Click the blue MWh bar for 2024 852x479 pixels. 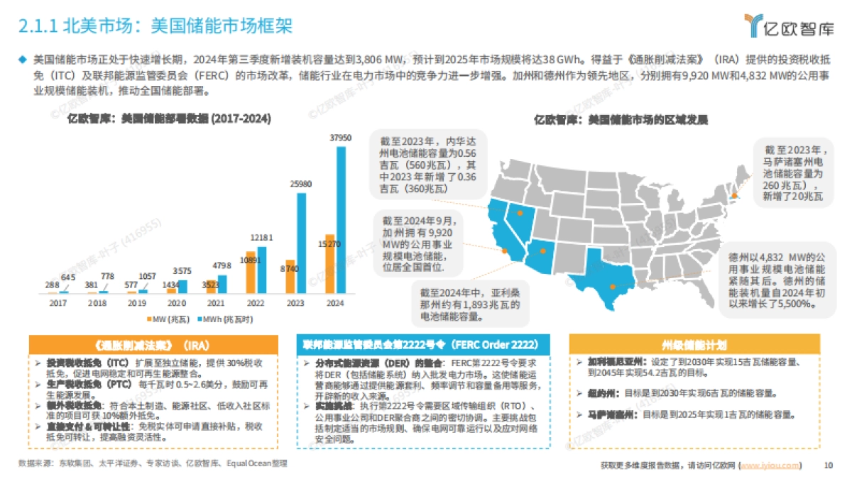point(342,220)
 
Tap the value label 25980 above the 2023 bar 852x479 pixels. point(300,184)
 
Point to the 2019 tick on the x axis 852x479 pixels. point(137,302)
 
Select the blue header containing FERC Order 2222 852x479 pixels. point(424,345)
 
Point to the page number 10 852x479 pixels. point(828,466)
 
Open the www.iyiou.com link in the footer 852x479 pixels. point(770,466)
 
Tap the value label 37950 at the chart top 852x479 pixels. point(341,138)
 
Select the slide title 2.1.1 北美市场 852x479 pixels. point(155,26)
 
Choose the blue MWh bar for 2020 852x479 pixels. point(182,286)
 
